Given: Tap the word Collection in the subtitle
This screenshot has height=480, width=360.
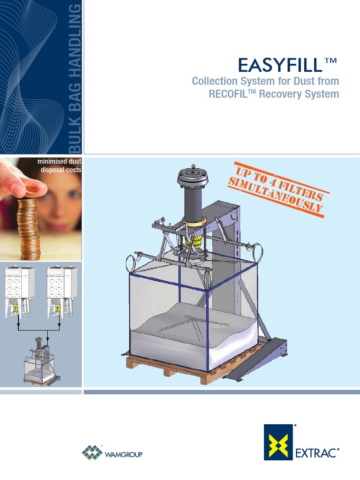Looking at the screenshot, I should [216, 82].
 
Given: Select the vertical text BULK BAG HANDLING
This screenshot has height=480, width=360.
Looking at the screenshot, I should [75, 77].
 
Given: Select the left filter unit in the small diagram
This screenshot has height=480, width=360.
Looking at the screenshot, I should [18, 291].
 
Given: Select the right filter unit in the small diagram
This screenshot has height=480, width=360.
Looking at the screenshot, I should [60, 291].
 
